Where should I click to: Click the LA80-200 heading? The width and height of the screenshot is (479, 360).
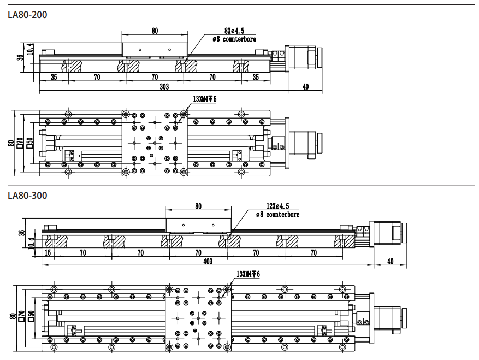coord(27,15)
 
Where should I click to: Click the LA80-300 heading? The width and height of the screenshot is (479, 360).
coord(27,195)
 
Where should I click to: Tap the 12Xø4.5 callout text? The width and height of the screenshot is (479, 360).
coord(277,206)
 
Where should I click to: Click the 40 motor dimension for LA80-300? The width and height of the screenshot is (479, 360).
coord(389,262)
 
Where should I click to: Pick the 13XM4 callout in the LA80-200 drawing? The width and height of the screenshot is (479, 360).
coord(205,99)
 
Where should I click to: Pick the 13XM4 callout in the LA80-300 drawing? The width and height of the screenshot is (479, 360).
coord(249,274)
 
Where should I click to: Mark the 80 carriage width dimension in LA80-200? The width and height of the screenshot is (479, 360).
coord(155,31)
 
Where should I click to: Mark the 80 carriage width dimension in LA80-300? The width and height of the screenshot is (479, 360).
coord(198,206)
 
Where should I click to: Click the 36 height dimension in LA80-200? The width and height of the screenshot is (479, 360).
coord(20,57)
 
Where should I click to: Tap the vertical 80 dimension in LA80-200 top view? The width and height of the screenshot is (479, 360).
coord(11,143)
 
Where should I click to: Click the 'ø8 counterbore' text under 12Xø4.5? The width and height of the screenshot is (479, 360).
coord(277,215)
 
